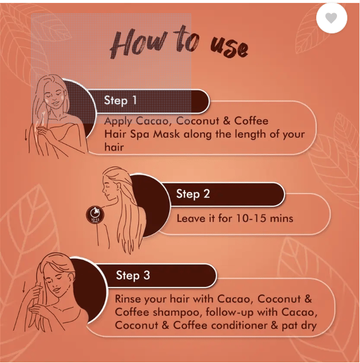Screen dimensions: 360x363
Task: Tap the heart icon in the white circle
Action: pos(331,18)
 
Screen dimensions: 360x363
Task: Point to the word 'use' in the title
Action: pos(229,47)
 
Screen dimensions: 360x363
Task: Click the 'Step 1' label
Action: pos(120,100)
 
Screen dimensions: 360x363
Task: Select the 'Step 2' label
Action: pos(193,194)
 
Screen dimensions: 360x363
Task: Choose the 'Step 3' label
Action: pos(133,275)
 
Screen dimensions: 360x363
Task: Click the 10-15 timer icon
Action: pos(95,214)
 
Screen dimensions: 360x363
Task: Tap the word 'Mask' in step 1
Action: pos(166,134)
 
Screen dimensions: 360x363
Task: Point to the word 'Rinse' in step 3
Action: pos(128,299)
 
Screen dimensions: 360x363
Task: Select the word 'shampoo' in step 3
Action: pos(177,312)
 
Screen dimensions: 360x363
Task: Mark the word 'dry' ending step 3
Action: pos(308,326)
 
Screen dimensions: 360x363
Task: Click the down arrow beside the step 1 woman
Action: pos(26,135)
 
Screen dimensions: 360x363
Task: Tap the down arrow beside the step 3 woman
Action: pos(24,288)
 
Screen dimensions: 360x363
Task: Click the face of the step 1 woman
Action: pos(54,96)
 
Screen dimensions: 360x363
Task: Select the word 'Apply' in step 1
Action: pos(118,122)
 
